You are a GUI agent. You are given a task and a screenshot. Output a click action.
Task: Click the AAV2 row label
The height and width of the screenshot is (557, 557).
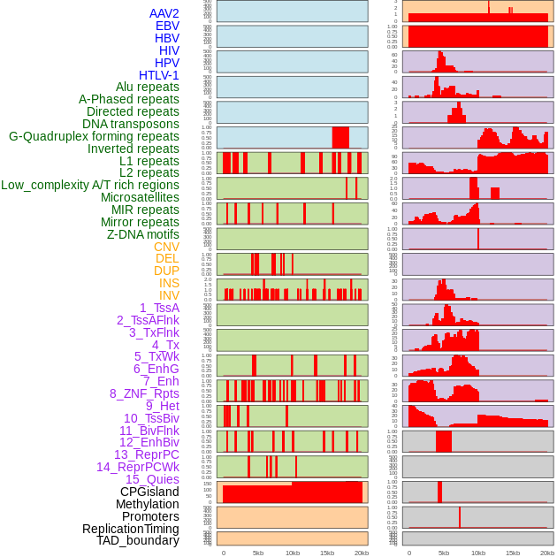coord(164,13)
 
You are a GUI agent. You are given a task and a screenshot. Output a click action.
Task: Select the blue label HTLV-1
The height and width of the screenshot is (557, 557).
coord(158,75)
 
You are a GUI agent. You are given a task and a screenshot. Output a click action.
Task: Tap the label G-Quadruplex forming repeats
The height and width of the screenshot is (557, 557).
coord(94,136)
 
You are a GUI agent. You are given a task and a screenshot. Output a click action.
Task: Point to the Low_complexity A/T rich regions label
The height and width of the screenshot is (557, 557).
coord(90,185)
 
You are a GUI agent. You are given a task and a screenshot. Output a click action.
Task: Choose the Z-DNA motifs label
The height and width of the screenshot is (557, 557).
coord(142,234)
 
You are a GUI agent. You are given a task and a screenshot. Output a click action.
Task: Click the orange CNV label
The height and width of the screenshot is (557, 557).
coord(166,247)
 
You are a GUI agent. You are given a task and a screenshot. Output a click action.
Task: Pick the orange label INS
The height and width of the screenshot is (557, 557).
coord(169,283)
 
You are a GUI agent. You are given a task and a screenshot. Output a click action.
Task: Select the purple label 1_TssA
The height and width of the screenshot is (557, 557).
coord(159,308)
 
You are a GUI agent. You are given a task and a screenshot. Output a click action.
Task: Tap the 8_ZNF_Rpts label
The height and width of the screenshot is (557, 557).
coord(144,393)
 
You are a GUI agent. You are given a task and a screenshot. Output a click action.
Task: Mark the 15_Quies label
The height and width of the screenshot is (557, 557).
coord(151,479)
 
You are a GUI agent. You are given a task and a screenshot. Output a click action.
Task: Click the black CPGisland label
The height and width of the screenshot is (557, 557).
coord(149,492)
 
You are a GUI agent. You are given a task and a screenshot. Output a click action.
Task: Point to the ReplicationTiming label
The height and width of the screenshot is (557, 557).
coord(130,529)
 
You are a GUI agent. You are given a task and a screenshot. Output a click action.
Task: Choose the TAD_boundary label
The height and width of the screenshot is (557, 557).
coord(137,540)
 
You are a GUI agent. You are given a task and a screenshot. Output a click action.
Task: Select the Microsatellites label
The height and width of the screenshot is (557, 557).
coord(140,197)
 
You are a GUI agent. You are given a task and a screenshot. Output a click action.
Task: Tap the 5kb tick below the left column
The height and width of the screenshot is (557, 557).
coord(258,553)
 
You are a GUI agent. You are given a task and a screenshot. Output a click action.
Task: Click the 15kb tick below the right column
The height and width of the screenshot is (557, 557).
coord(512,553)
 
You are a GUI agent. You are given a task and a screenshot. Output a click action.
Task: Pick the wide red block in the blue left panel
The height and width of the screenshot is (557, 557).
coord(340,137)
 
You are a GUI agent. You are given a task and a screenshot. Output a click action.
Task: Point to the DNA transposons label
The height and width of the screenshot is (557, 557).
coord(131,124)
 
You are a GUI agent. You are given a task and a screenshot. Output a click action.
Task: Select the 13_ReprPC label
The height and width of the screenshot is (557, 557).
coord(146,454)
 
